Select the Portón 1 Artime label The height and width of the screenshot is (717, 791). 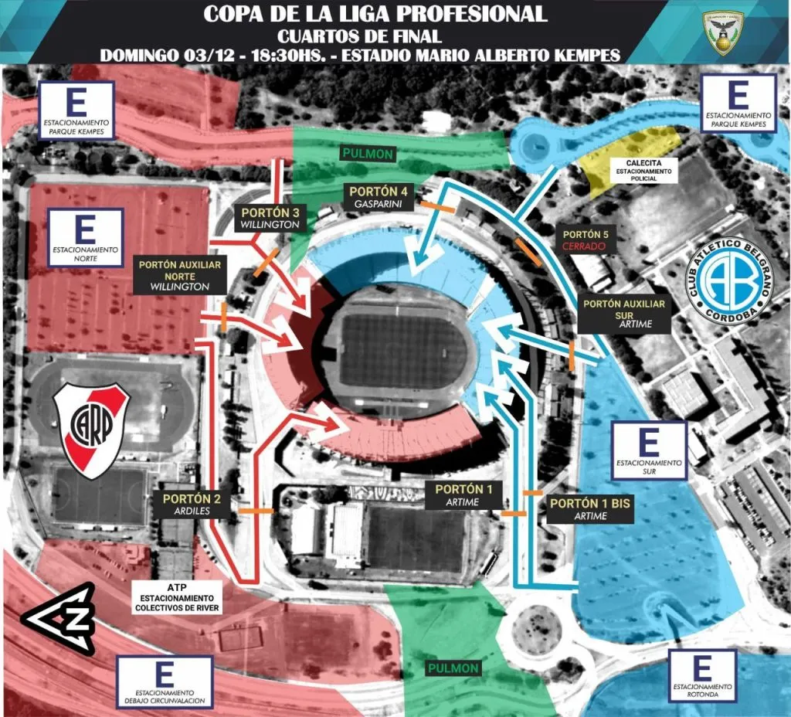click(x=463, y=495)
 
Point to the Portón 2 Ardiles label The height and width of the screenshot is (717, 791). click(x=192, y=505)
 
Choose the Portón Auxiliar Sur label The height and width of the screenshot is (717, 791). click(x=624, y=314)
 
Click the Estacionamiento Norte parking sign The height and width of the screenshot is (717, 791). click(x=85, y=237)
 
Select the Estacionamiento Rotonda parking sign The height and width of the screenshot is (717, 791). click(x=702, y=675)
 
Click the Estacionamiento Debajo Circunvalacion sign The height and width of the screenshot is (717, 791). click(x=163, y=682)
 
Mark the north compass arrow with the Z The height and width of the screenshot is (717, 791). click(x=58, y=618)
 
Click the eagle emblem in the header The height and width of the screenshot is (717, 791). click(x=725, y=33)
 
